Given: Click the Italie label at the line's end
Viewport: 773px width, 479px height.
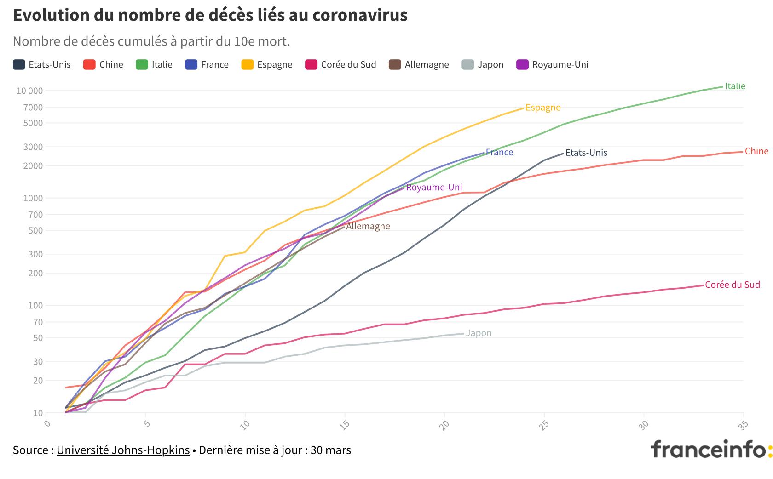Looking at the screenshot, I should point(735,86).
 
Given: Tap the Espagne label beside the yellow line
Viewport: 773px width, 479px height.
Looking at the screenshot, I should point(543,107).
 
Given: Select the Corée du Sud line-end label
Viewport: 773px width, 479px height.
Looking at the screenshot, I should point(732,285).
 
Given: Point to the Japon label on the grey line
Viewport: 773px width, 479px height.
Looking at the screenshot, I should point(479,333).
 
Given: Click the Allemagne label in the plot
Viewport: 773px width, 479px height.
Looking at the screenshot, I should point(368,226).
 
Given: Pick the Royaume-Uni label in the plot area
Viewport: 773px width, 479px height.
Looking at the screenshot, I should point(433,187).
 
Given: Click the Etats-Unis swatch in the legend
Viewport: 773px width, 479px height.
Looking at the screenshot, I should point(19,64).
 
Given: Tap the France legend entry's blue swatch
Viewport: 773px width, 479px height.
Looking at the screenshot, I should point(191,64).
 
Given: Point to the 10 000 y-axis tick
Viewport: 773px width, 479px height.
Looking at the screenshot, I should point(29,91).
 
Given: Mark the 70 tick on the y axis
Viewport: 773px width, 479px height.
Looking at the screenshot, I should point(37,322).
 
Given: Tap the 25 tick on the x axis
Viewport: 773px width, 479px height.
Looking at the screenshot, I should point(543,424).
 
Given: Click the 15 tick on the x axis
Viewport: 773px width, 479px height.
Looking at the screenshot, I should point(344,424).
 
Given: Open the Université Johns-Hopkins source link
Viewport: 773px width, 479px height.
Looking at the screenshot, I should point(123,450).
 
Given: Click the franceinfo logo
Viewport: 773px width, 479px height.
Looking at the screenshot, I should point(711,449).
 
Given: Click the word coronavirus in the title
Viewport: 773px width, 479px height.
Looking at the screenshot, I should point(360,15).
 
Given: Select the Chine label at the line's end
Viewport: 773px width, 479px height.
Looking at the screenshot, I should point(756,151).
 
